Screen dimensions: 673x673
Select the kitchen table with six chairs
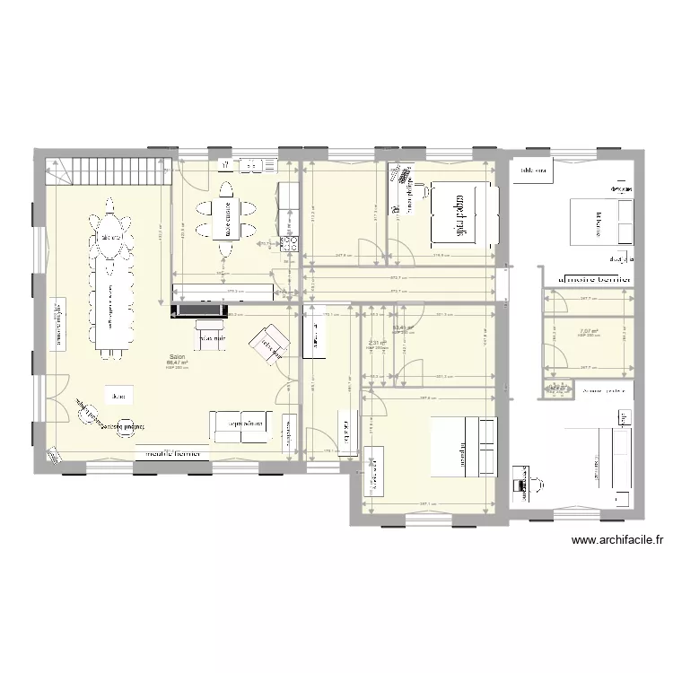tap(227, 216)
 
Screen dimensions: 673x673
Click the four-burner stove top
tap(290, 242)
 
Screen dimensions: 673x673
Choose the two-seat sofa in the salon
tap(240, 424)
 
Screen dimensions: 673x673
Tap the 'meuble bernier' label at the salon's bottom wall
tap(170, 453)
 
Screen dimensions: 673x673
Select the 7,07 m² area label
tap(590, 331)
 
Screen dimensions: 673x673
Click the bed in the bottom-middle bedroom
tap(463, 446)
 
